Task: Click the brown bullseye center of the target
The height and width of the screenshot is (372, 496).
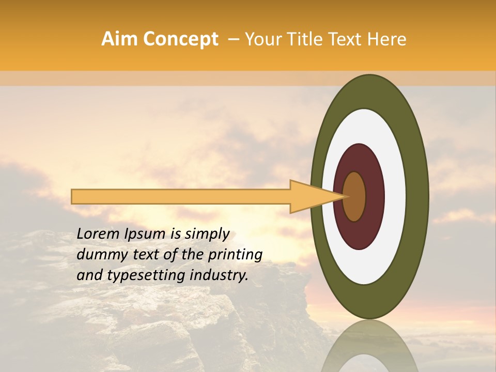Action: (x=354, y=196)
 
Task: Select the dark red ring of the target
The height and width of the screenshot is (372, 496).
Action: (x=374, y=196)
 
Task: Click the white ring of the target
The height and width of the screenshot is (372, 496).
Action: (x=395, y=196)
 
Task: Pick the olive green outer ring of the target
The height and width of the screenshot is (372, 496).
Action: (x=417, y=196)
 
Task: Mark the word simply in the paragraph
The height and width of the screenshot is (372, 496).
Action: (x=206, y=235)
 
